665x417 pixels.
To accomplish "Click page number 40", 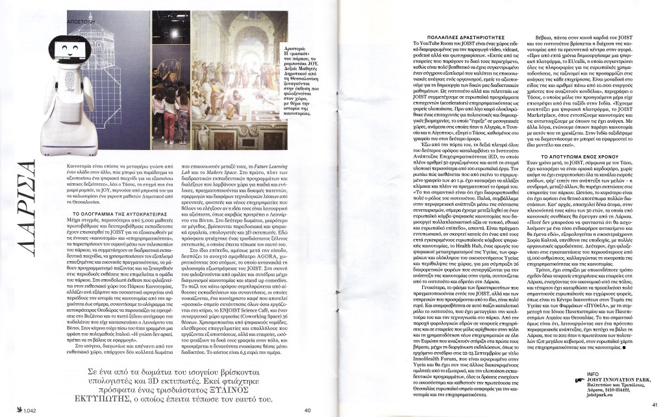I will (308, 409).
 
